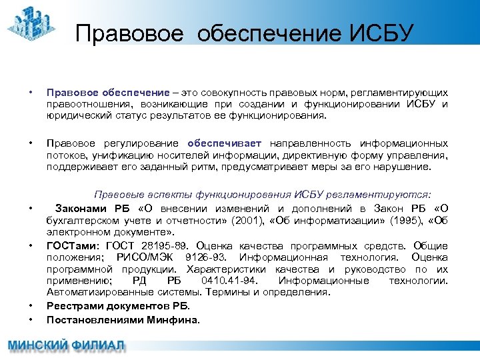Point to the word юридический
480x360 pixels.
coord(78,115)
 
